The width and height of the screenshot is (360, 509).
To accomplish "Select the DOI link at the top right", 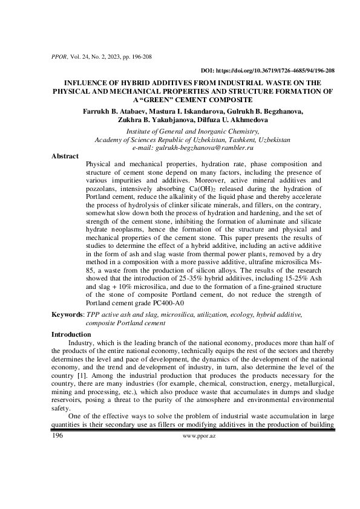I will tap(267, 70).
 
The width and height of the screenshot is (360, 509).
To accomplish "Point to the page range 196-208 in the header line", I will tap(140, 57).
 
